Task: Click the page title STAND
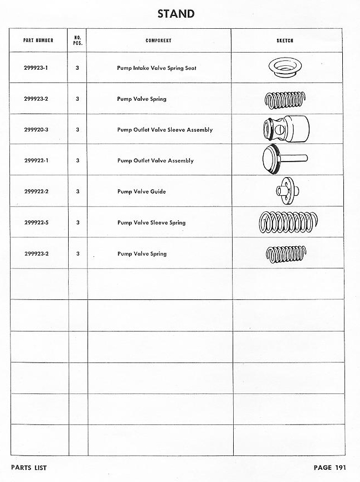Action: click(176, 14)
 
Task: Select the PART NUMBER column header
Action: click(38, 40)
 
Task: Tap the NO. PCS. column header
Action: click(78, 40)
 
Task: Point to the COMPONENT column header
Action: click(158, 40)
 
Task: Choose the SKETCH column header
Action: click(285, 40)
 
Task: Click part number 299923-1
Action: click(37, 68)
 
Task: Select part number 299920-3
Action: click(37, 129)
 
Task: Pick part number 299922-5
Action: click(37, 222)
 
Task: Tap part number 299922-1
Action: click(37, 160)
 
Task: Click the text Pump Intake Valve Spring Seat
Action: click(157, 68)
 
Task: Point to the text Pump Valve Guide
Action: click(141, 191)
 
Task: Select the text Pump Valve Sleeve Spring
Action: click(151, 222)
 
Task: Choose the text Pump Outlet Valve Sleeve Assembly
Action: click(165, 129)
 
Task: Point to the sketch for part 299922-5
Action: click(285, 222)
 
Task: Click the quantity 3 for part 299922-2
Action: click(78, 191)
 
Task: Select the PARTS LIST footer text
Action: click(29, 468)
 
